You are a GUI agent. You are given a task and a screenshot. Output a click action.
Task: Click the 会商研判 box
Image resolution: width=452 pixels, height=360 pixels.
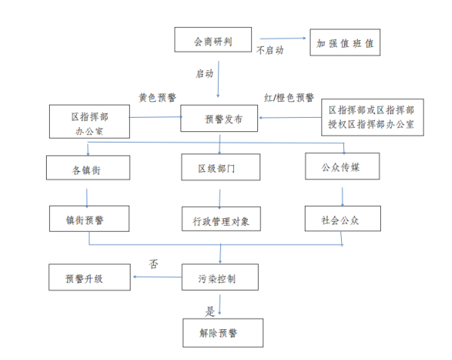pyautogui.click(x=213, y=40)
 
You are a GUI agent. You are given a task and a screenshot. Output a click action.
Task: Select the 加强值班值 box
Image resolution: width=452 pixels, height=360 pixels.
pyautogui.click(x=345, y=42)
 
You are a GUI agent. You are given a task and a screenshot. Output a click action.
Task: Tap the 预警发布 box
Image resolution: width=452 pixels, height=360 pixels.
pyautogui.click(x=219, y=118)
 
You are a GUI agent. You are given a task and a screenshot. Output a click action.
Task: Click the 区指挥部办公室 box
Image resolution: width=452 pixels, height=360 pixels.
pyautogui.click(x=89, y=122)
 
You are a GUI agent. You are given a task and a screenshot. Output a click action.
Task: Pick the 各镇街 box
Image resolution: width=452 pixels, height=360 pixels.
pyautogui.click(x=88, y=168)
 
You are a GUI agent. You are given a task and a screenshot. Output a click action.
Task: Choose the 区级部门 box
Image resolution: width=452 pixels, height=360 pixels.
pyautogui.click(x=221, y=168)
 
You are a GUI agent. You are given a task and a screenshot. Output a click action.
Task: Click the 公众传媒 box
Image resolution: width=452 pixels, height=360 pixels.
pyautogui.click(x=343, y=166)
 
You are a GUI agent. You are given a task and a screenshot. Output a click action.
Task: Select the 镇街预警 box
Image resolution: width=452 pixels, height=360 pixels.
pyautogui.click(x=89, y=218)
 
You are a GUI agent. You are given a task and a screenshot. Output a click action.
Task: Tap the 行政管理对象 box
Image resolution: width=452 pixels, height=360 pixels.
pyautogui.click(x=221, y=219)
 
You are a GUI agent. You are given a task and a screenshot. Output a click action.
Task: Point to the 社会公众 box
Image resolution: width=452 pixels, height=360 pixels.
pyautogui.click(x=343, y=218)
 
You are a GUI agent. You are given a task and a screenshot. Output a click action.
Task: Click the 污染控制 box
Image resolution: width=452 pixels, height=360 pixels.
pyautogui.click(x=220, y=277)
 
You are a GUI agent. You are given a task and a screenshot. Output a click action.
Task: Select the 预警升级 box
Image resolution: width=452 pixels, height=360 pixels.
pyautogui.click(x=89, y=277)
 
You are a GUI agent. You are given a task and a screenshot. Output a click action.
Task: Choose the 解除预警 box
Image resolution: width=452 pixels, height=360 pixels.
pyautogui.click(x=223, y=333)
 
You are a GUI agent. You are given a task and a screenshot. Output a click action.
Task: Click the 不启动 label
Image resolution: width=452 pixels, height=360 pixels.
pyautogui.click(x=270, y=50)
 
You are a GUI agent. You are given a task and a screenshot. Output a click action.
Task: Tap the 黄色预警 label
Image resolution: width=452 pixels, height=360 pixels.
pyautogui.click(x=158, y=97)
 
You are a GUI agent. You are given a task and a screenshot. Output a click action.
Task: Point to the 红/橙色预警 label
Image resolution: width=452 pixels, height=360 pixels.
pyautogui.click(x=289, y=97)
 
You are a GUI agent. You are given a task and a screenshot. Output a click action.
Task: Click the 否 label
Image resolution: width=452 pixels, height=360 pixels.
pyautogui.click(x=154, y=263)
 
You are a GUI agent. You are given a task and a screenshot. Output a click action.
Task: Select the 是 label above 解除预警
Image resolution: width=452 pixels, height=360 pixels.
pyautogui.click(x=210, y=311)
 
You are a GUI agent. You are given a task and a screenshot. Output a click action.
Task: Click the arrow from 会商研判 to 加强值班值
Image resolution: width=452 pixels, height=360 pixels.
pyautogui.click(x=283, y=38)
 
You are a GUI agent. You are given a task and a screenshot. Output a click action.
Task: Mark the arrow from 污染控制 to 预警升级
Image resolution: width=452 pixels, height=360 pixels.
pyautogui.click(x=158, y=277)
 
